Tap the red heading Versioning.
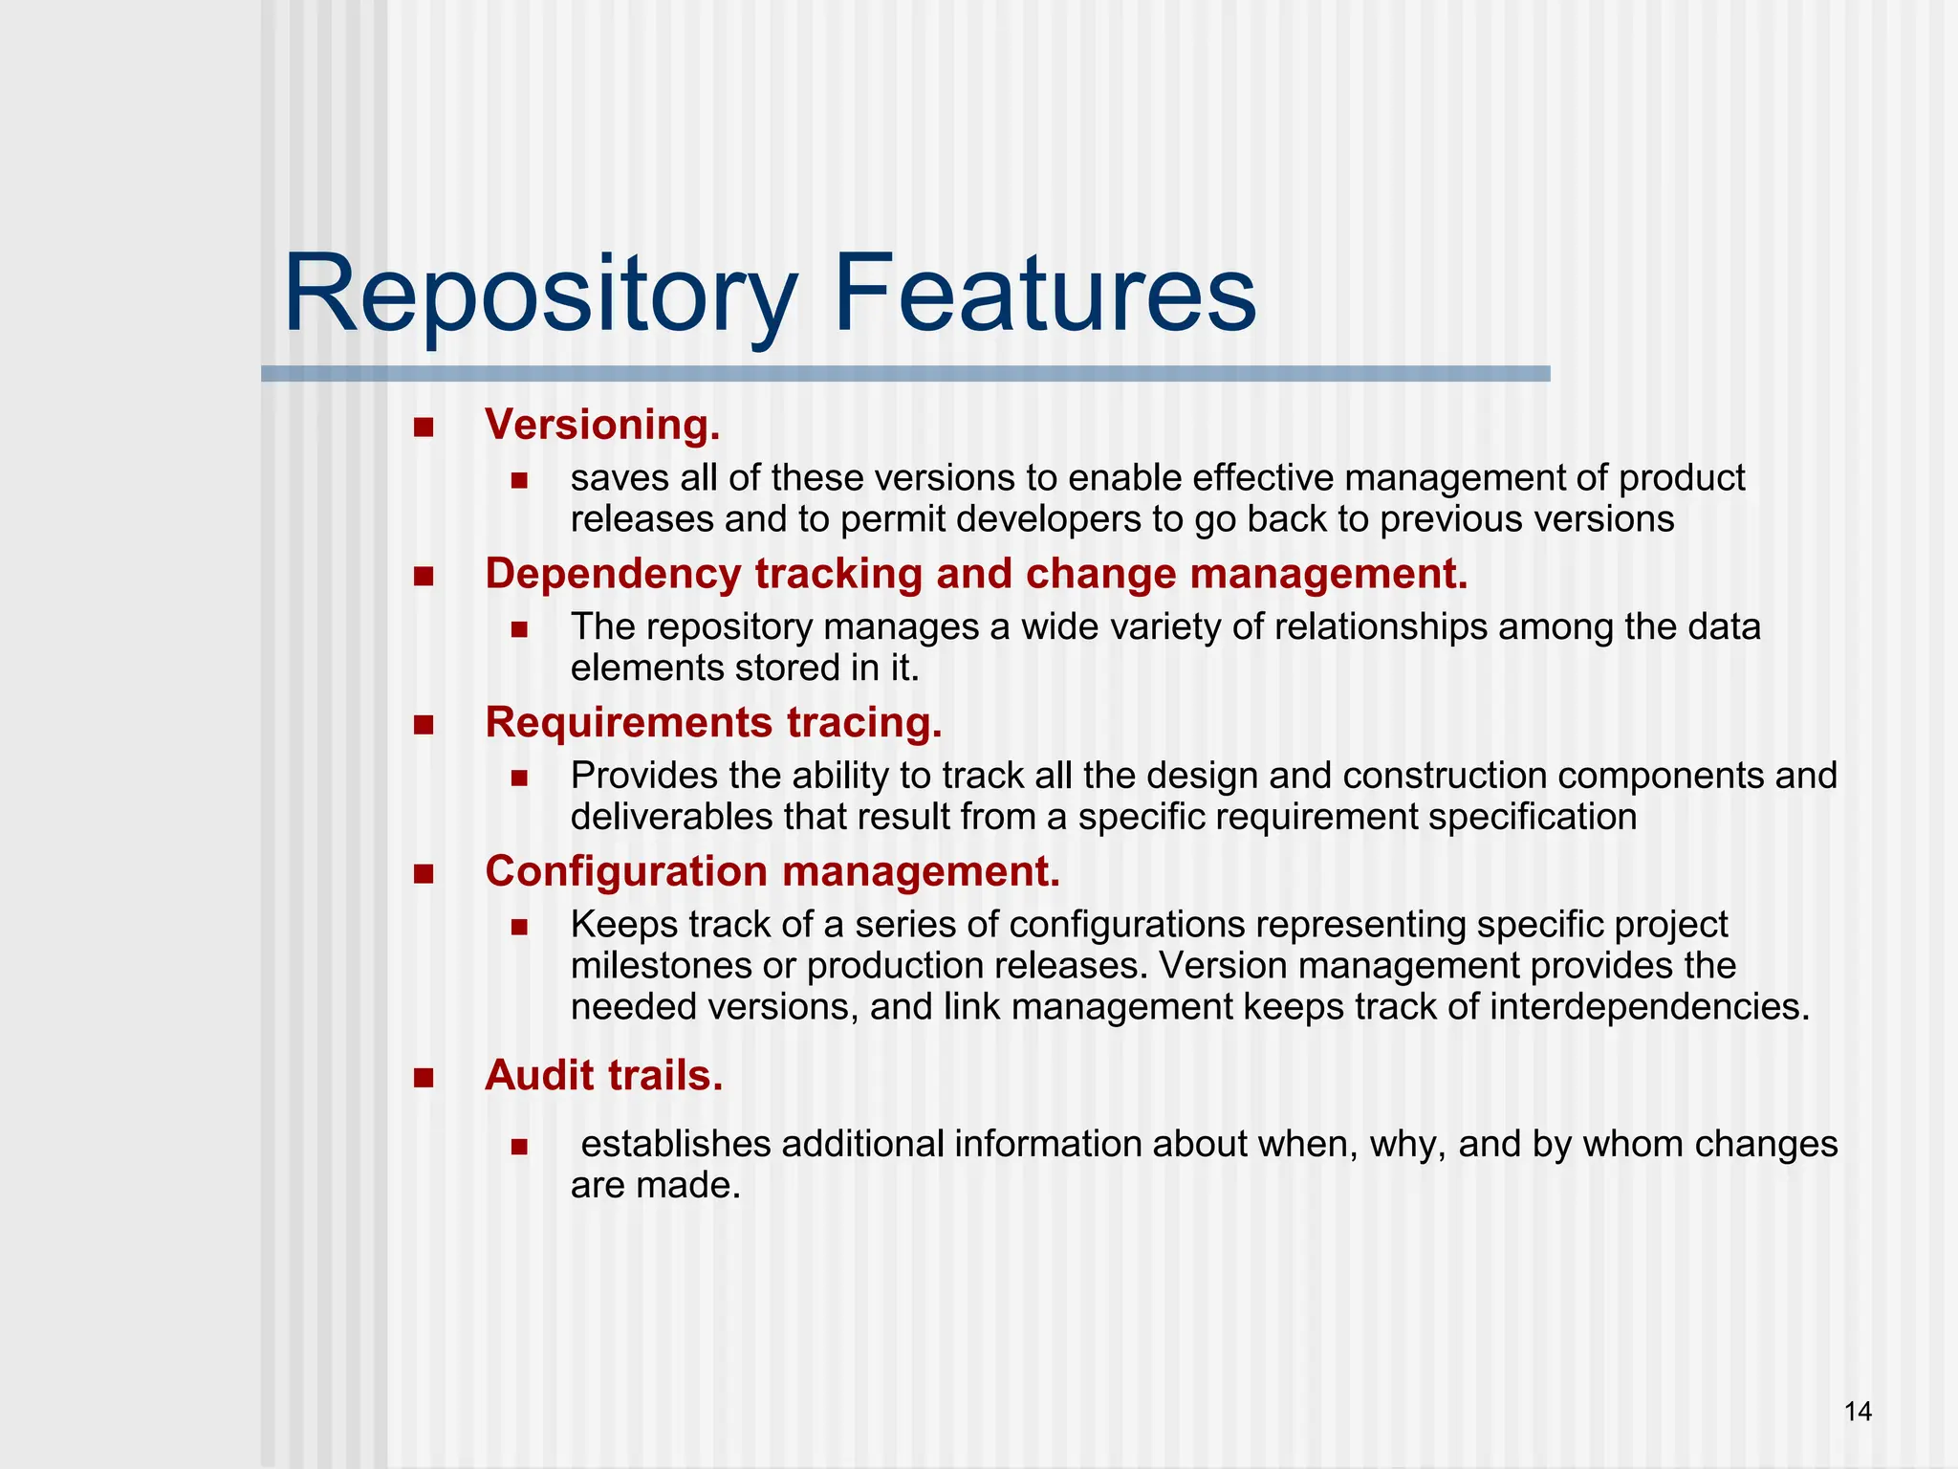(602, 425)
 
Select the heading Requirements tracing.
(713, 722)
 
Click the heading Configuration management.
(772, 871)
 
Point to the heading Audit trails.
(603, 1076)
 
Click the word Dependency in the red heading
(613, 574)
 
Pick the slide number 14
(1858, 1411)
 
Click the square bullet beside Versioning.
(424, 427)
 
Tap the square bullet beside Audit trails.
(424, 1078)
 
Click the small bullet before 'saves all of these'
(519, 480)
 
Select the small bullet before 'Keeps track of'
(519, 927)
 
